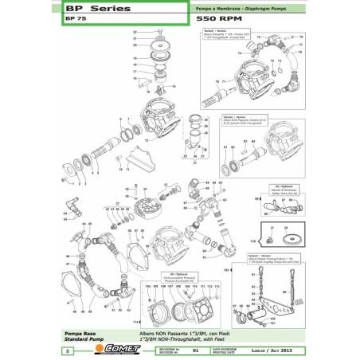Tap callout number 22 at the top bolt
[135, 32]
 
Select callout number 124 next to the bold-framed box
[254, 240]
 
